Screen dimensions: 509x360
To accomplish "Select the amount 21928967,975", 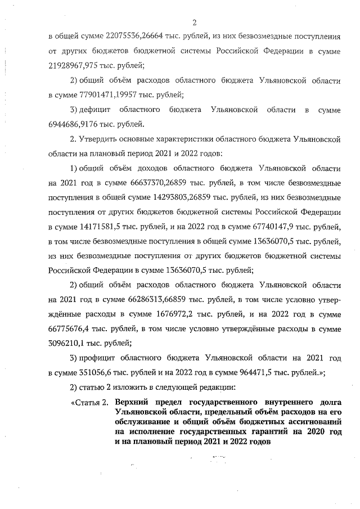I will point(74,65).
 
